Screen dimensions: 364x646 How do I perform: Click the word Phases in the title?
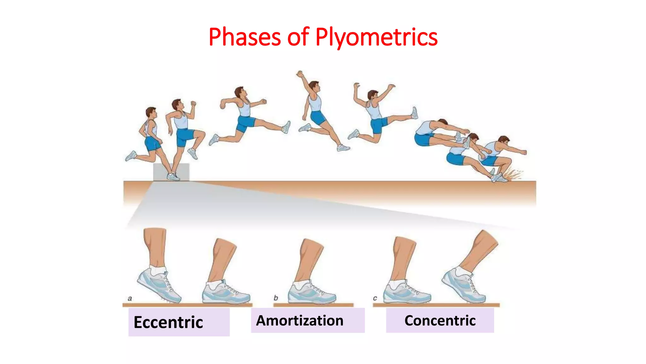244,37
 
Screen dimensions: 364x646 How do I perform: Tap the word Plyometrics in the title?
376,37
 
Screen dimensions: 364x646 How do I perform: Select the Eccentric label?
168,322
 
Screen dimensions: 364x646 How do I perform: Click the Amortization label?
300,321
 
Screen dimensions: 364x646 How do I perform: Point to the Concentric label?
440,321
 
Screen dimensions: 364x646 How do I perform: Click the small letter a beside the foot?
130,298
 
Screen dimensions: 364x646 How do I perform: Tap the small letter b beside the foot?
276,298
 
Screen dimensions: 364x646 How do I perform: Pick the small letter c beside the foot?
375,298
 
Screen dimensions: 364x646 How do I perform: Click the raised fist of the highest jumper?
300,74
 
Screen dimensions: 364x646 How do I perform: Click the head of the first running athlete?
151,112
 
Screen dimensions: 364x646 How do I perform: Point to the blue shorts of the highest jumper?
318,117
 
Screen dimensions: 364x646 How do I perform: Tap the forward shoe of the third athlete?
286,127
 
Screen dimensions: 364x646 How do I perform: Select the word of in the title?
298,37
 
